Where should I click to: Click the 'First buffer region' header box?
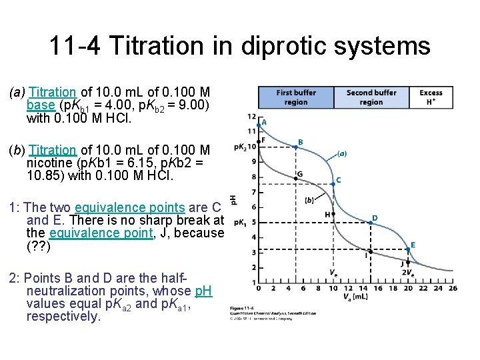[x=296, y=97]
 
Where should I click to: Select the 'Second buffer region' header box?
[x=371, y=97]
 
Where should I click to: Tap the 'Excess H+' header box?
[x=431, y=97]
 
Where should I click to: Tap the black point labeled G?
[x=296, y=177]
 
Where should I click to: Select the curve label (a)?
[x=341, y=153]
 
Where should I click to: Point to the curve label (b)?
[x=310, y=199]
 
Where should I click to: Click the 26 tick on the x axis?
[x=454, y=289]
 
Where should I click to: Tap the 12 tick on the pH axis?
[x=251, y=117]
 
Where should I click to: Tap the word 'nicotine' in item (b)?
[x=48, y=163]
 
